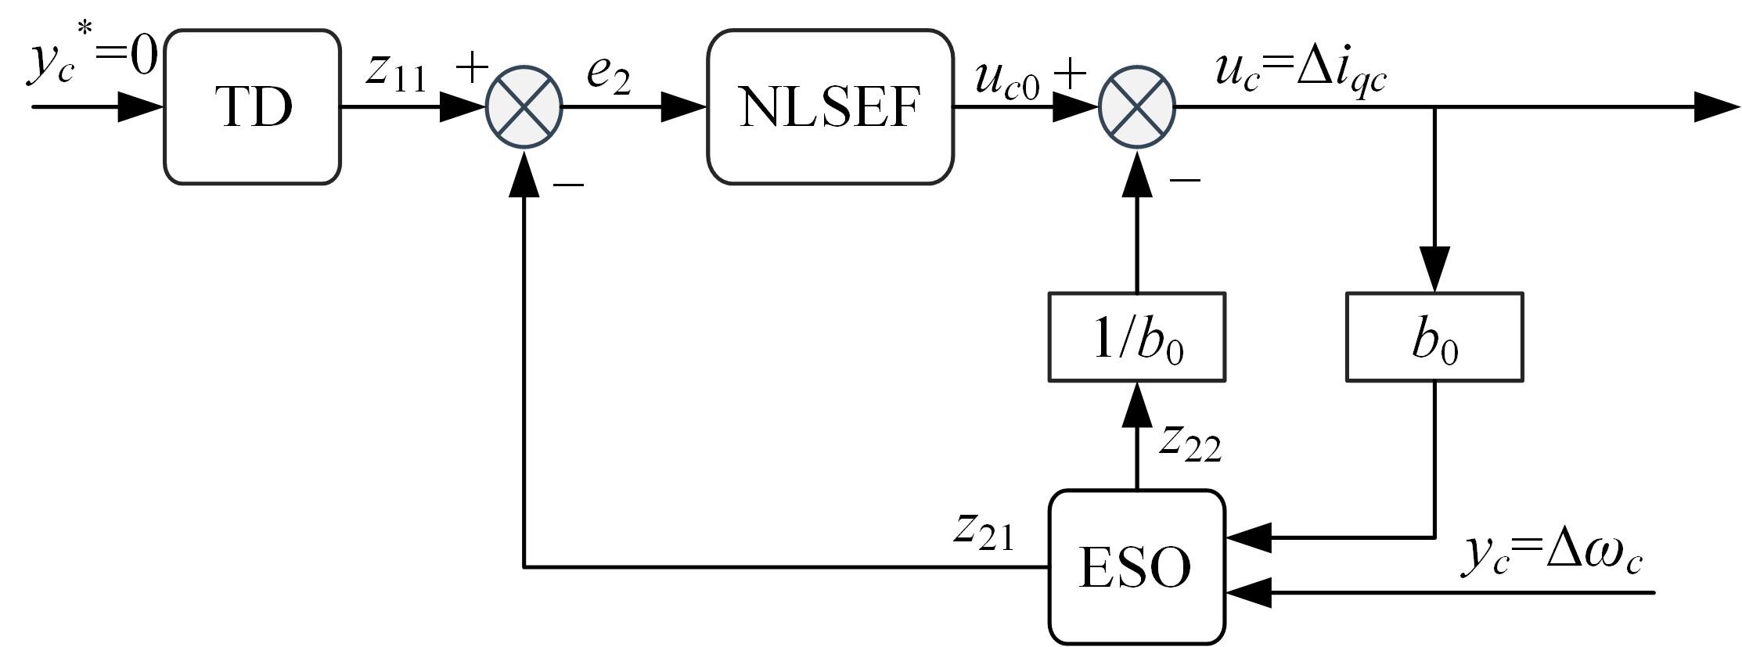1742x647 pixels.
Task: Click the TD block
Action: [x=252, y=107]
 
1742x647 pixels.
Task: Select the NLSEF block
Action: [x=830, y=107]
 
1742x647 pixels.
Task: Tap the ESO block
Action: [x=1136, y=566]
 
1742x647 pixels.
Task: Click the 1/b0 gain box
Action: [x=1136, y=337]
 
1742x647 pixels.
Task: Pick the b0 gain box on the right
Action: [x=1434, y=337]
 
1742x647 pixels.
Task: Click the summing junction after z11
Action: [x=524, y=106]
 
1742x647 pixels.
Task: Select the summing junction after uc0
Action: [x=1137, y=106]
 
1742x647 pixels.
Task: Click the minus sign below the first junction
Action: [x=569, y=185]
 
